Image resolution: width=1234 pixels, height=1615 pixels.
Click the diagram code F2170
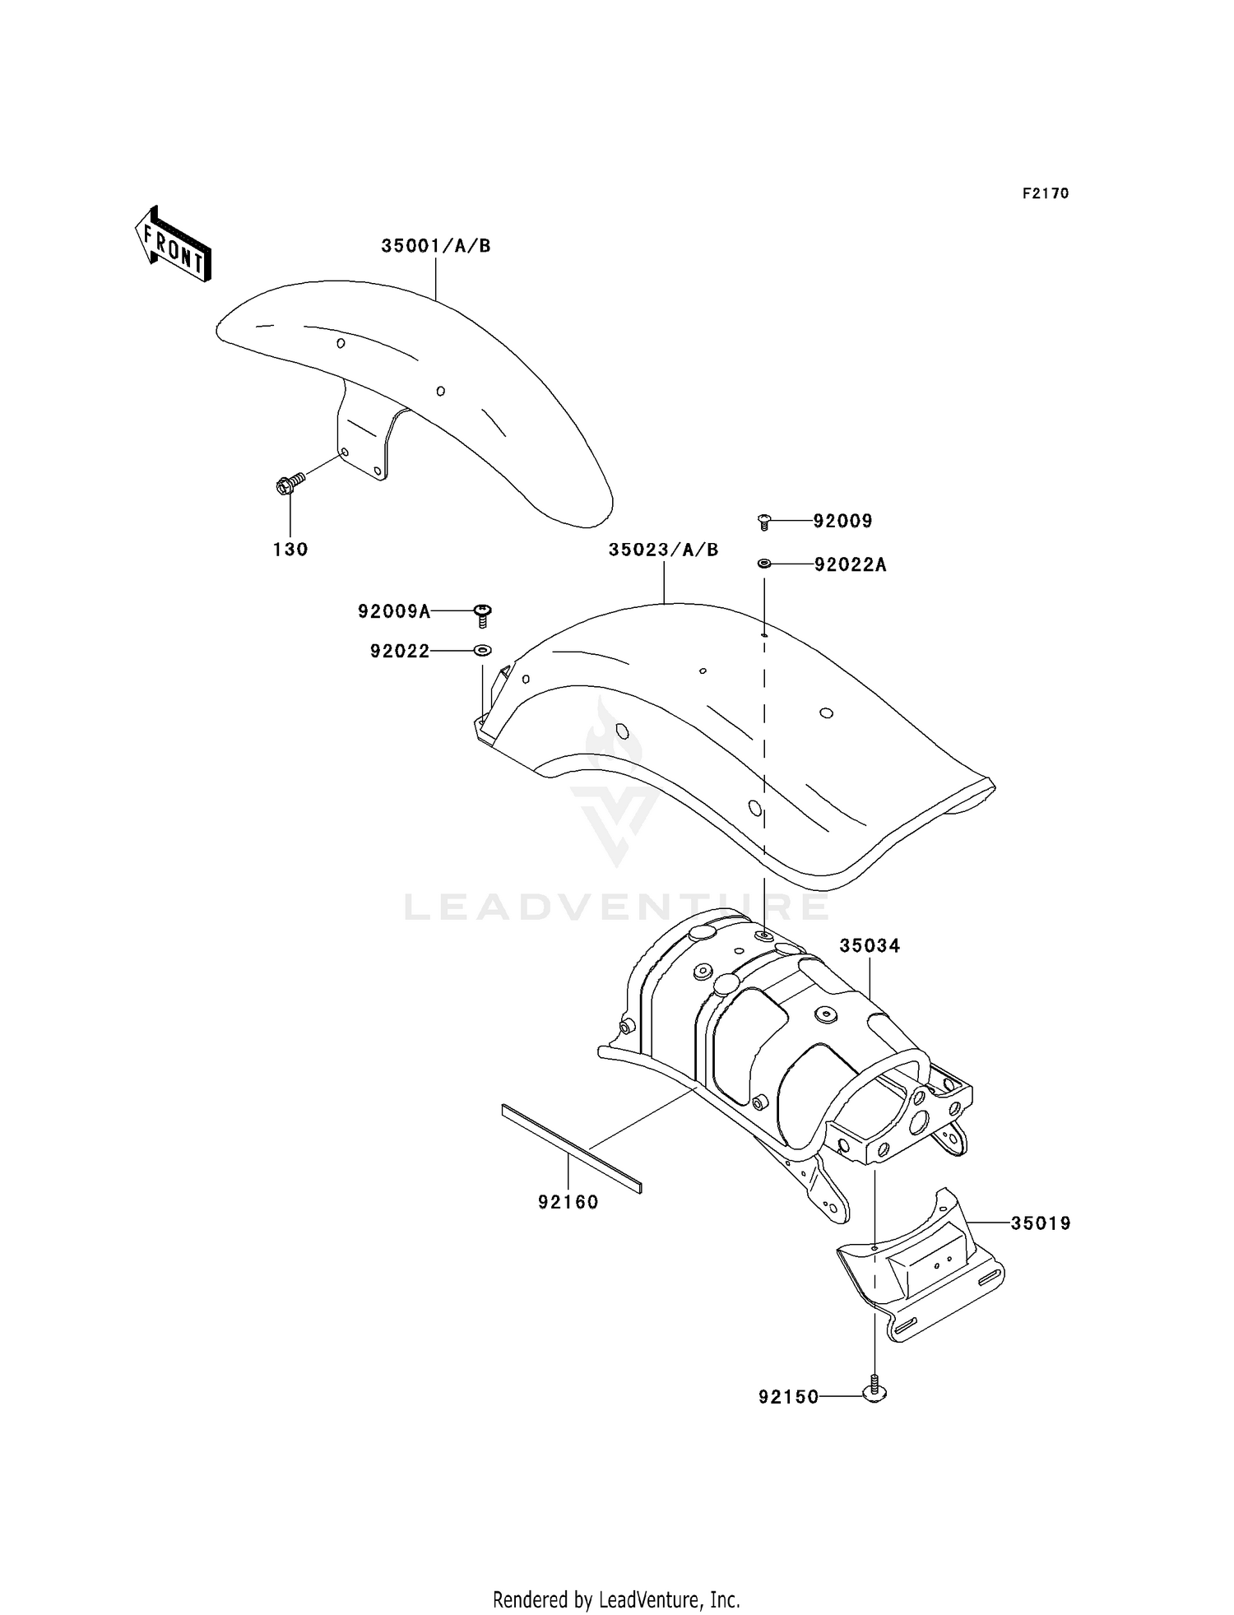[x=1046, y=193]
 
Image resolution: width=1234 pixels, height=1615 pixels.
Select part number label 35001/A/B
[x=435, y=246]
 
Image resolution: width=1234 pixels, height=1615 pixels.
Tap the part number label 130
[x=290, y=550]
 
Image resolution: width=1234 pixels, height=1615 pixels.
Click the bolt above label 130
[x=290, y=484]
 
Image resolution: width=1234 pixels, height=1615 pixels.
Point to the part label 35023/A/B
[x=663, y=550]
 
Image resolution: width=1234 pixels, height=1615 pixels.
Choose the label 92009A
[x=394, y=611]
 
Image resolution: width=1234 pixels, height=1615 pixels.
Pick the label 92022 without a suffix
[x=400, y=652]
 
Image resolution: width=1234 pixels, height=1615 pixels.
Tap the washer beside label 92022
[x=483, y=651]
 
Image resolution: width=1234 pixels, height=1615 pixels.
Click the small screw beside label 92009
[x=764, y=521]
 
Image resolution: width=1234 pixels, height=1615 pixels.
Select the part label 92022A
[x=851, y=564]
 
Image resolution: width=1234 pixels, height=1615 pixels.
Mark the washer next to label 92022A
[x=764, y=564]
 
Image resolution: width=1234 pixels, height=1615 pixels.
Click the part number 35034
[x=870, y=946]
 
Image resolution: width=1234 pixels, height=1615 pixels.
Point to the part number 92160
[x=568, y=1202]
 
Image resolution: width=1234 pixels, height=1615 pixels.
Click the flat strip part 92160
[x=571, y=1148]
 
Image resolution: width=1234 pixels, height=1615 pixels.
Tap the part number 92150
[x=789, y=1397]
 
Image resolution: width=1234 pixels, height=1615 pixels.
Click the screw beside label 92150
[x=874, y=1391]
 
